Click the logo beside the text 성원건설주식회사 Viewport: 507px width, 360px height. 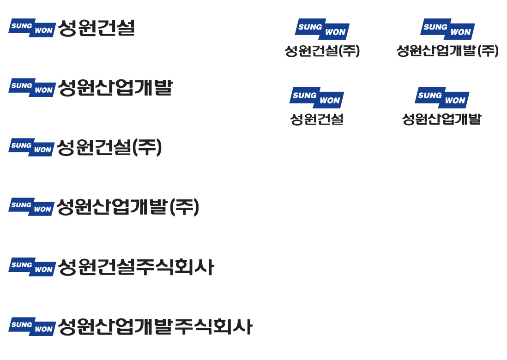[x=32, y=267]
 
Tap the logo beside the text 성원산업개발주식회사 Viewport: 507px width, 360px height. [x=32, y=327]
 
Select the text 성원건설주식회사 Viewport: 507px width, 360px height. [x=136, y=267]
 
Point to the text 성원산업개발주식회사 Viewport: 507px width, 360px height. [x=155, y=327]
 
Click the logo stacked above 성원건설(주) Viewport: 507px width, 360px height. [x=322, y=29]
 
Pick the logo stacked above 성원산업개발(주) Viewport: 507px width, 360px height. [x=447, y=29]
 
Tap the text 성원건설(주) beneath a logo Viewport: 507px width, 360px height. [x=322, y=51]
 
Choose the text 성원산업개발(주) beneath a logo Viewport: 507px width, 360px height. [x=447, y=51]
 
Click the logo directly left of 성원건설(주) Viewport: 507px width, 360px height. [x=31, y=147]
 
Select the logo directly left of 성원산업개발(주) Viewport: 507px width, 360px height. [x=31, y=207]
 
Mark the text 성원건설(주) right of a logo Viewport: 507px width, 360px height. [x=109, y=148]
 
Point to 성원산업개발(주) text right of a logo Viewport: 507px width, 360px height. [x=128, y=207]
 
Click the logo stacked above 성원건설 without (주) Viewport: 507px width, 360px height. [x=317, y=97]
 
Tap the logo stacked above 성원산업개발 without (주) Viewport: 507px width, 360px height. [x=442, y=97]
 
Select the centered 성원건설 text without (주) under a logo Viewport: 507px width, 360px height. [x=317, y=119]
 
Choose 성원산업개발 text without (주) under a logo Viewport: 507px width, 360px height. [x=442, y=119]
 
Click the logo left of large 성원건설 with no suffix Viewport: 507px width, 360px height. [x=32, y=28]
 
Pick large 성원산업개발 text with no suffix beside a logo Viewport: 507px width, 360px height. [x=116, y=88]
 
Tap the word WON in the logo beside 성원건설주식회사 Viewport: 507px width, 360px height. [x=44, y=270]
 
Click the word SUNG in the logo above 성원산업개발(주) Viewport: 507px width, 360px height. [x=435, y=27]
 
